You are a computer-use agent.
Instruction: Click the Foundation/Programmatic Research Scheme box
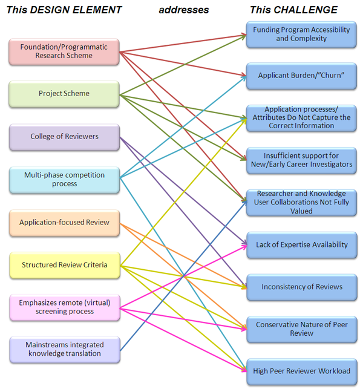[64, 51]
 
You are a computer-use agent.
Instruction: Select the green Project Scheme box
[64, 94]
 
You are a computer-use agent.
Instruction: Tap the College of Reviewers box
[65, 137]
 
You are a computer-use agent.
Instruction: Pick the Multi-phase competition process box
[65, 180]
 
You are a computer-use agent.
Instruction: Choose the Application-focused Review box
[65, 223]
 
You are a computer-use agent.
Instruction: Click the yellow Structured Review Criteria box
[65, 265]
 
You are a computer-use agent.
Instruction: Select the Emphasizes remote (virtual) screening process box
[65, 307]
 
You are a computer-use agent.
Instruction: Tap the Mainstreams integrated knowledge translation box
[65, 350]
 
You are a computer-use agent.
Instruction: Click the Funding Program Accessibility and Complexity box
[301, 34]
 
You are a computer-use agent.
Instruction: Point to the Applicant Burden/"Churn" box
[301, 76]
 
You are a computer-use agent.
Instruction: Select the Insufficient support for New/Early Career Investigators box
[301, 160]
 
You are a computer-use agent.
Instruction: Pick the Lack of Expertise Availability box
[302, 245]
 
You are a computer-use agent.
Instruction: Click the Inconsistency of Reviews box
[302, 287]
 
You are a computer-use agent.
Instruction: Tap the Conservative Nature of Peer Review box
[302, 330]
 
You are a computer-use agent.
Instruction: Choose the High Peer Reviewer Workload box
[302, 371]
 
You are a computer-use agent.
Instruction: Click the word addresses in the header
[184, 10]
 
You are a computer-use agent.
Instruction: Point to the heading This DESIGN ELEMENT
[64, 10]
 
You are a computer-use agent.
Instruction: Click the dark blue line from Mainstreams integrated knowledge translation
[183, 275]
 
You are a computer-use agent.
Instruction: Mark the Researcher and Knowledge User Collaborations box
[301, 203]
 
